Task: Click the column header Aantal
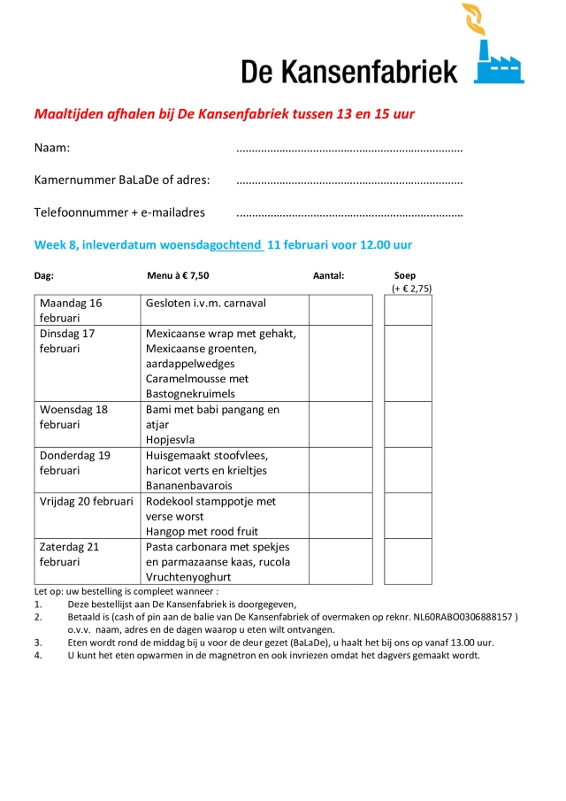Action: pos(328,275)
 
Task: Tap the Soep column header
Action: pos(405,275)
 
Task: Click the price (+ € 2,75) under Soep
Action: pos(411,289)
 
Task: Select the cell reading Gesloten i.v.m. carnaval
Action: pos(206,303)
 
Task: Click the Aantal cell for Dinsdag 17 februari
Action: pos(340,363)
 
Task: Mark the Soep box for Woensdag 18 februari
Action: pos(408,424)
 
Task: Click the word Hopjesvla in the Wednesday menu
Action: pos(171,440)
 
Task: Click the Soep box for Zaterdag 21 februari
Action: pos(408,561)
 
